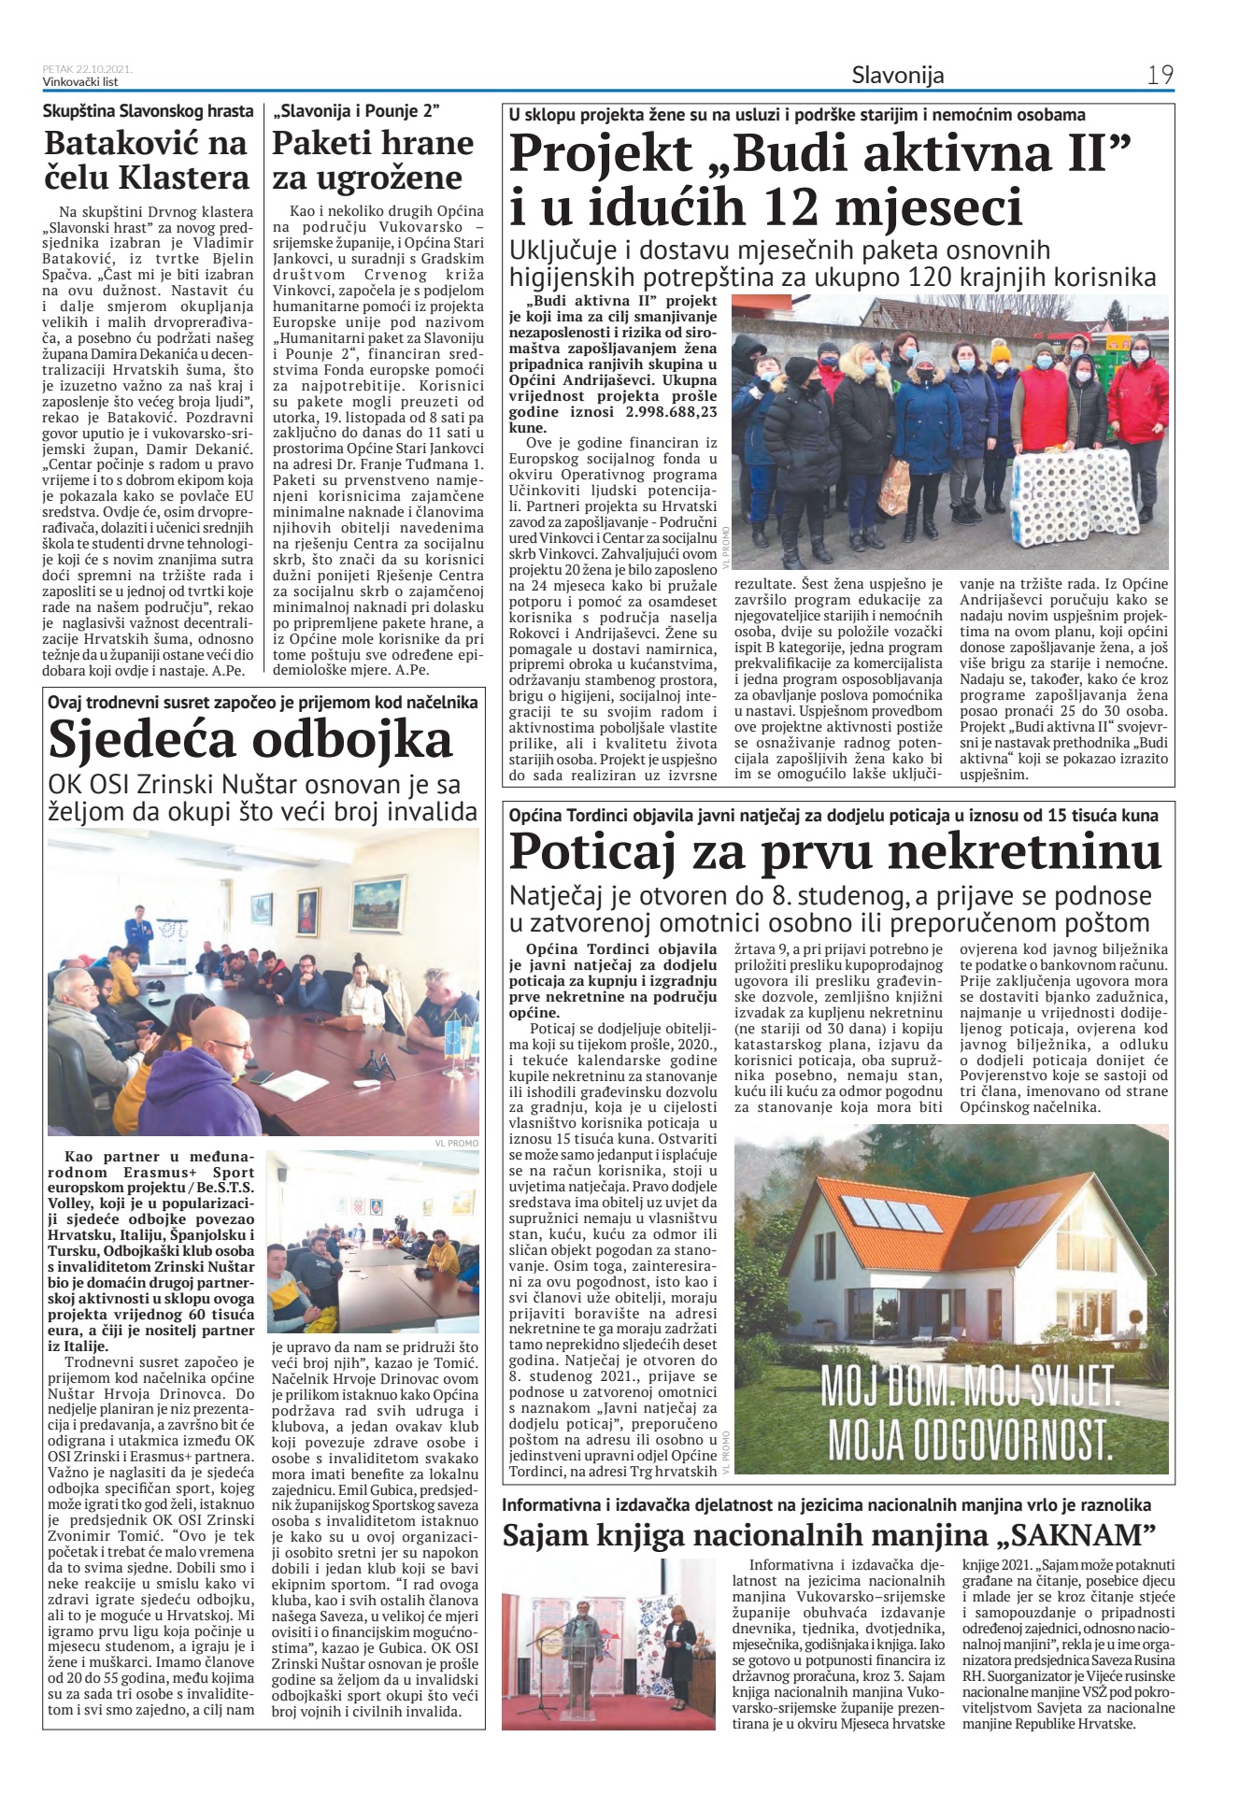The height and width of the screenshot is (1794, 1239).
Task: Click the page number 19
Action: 1160,75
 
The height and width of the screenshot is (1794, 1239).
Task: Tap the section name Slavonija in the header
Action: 897,75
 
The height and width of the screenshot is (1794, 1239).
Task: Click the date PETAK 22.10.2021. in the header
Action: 87,68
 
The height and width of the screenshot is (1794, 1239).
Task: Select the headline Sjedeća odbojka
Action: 250,740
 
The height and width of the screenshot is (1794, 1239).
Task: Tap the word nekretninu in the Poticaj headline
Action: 1014,851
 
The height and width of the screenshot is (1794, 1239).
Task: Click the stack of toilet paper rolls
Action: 1075,495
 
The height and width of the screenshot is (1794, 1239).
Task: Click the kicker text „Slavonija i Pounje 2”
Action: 356,111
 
